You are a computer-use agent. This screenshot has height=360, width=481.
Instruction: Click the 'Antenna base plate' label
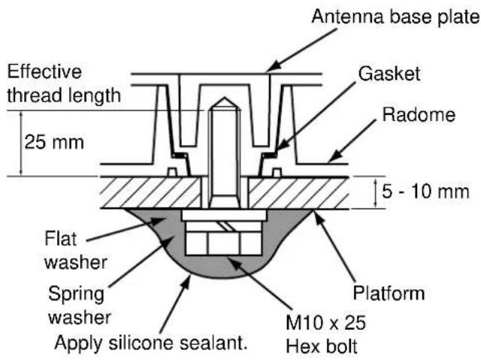point(396,17)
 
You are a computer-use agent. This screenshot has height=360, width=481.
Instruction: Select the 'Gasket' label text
point(389,74)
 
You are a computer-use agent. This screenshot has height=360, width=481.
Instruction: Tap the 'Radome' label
point(419,115)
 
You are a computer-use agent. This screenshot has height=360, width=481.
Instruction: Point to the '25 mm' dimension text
point(54,142)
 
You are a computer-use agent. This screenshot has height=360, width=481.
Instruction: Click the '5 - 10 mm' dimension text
point(425,192)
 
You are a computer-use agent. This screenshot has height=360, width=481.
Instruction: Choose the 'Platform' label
point(389,293)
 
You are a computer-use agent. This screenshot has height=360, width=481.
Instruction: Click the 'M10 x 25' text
point(325,322)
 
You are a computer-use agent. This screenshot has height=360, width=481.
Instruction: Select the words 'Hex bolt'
point(322,346)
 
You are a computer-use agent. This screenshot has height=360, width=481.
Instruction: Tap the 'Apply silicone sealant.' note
point(151,342)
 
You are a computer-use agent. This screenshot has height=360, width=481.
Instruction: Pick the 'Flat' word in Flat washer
point(60,238)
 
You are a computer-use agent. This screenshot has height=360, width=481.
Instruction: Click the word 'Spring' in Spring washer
point(77,294)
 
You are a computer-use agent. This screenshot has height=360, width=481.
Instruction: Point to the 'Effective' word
point(44,71)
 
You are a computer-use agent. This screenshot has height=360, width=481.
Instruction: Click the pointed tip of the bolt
point(225,98)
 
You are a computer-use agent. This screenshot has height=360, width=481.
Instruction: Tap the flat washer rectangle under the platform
point(224,215)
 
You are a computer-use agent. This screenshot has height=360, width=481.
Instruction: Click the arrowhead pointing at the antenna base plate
point(272,67)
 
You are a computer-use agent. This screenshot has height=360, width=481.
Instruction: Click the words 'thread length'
point(64,95)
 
